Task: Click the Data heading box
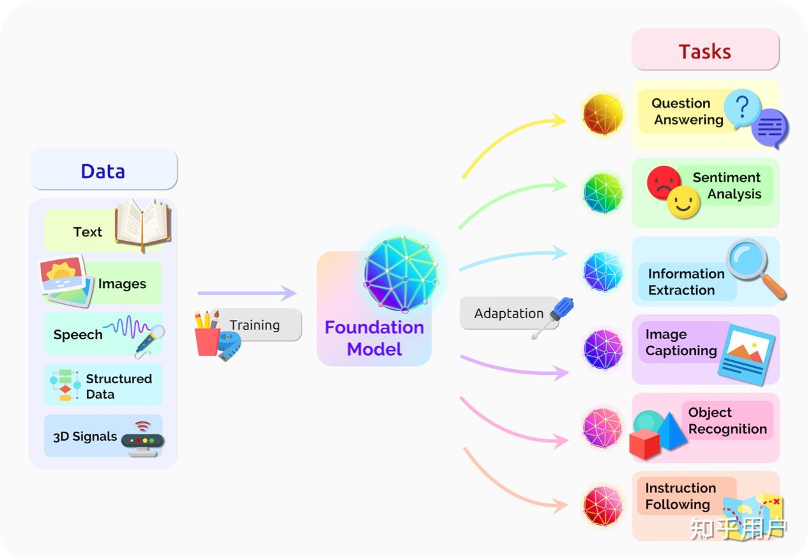point(103,170)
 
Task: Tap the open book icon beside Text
point(142,224)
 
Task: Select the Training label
point(255,324)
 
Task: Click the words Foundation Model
point(374,338)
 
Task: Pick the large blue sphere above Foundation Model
point(402,273)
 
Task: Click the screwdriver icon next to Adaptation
point(554,317)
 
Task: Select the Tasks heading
point(704,51)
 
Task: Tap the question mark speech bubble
point(741,109)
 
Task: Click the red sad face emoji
point(663,182)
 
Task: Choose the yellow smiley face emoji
point(683,202)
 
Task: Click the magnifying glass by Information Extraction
point(754,267)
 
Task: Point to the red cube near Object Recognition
point(644,443)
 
